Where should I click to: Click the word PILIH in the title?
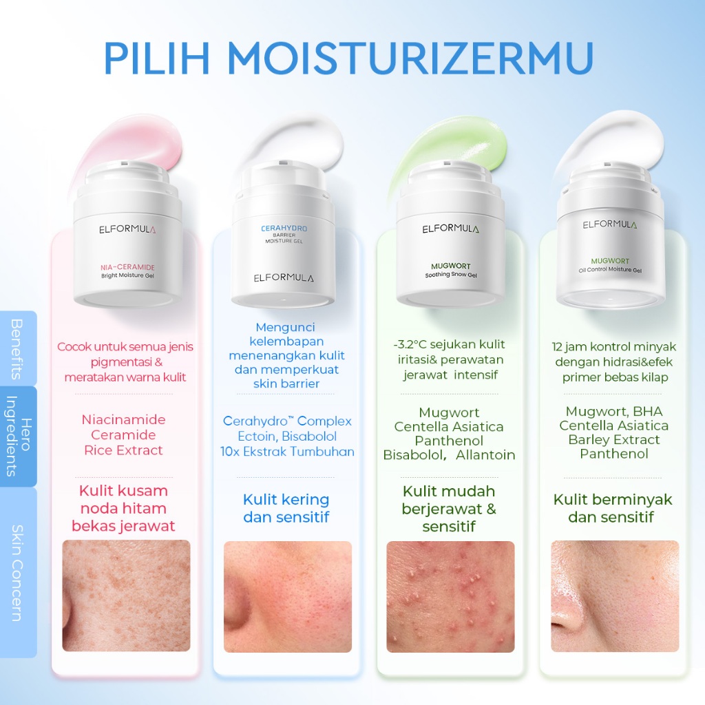click(x=157, y=58)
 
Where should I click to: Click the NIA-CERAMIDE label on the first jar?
click(x=127, y=267)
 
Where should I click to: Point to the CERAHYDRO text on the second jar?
click(x=284, y=229)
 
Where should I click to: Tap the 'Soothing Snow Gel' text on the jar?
click(x=451, y=275)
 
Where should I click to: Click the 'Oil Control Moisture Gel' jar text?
click(x=610, y=270)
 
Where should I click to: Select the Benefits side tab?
click(x=18, y=348)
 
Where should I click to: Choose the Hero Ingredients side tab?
click(x=18, y=436)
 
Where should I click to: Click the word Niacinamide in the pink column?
click(x=124, y=419)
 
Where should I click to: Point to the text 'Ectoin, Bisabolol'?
click(x=287, y=436)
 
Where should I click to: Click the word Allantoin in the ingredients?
click(x=485, y=455)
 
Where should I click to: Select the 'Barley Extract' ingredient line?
click(x=613, y=440)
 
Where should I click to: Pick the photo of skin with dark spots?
click(x=126, y=596)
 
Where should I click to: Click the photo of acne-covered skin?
click(x=450, y=597)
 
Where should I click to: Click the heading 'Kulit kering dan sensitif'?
click(x=286, y=508)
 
